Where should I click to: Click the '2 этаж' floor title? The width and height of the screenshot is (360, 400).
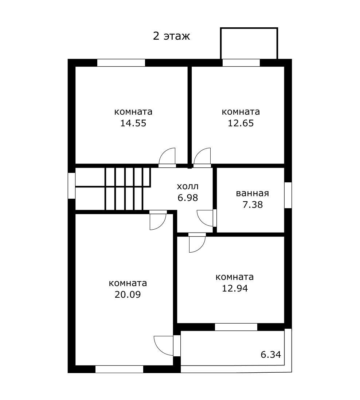click(171, 36)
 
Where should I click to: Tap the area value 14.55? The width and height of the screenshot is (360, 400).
click(133, 123)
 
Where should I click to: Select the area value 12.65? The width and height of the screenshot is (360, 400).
click(241, 123)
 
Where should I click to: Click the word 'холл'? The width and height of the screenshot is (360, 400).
click(188, 187)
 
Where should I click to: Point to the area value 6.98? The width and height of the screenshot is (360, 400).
click(188, 198)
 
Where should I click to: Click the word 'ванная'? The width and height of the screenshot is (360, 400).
click(252, 193)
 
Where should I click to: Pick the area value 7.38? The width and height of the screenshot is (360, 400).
click(252, 205)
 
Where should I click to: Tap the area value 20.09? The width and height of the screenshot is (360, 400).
click(128, 294)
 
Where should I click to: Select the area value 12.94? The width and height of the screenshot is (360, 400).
click(235, 289)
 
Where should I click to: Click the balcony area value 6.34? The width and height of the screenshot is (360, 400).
click(271, 354)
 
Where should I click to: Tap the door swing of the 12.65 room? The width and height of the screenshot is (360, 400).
click(202, 157)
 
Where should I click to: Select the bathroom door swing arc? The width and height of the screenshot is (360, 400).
click(205, 218)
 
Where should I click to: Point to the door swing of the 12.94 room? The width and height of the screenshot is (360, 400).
click(197, 243)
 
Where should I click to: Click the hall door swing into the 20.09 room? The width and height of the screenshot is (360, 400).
click(158, 221)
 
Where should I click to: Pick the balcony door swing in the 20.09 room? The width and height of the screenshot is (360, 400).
click(163, 345)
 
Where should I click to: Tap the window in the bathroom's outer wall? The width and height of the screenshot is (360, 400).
click(288, 195)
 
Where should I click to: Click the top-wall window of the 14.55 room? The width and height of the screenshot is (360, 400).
click(121, 63)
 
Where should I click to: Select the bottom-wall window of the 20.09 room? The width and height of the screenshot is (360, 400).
click(119, 369)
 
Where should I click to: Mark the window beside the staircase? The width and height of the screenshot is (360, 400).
click(71, 186)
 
